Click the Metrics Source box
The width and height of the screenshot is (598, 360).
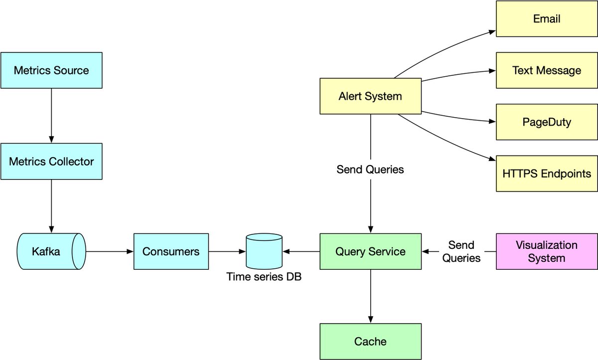click(51, 70)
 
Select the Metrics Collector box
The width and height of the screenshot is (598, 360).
click(51, 162)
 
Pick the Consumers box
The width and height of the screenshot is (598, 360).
click(171, 251)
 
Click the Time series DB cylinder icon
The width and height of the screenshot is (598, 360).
click(264, 251)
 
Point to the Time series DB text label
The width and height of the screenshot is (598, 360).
click(264, 276)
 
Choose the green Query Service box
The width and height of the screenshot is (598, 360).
click(370, 251)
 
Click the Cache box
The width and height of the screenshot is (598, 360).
click(370, 342)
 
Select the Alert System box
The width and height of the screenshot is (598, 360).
click(370, 96)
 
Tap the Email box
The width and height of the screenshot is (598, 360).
click(547, 18)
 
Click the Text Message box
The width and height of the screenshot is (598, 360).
click(547, 70)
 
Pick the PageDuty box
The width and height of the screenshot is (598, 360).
click(547, 122)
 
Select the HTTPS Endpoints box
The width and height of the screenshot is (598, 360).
click(547, 174)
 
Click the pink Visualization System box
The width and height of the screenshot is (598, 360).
click(547, 251)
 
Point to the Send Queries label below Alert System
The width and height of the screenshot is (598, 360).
click(370, 170)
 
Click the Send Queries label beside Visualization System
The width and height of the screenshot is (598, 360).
click(461, 251)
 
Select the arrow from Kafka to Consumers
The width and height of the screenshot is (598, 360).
click(110, 251)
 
